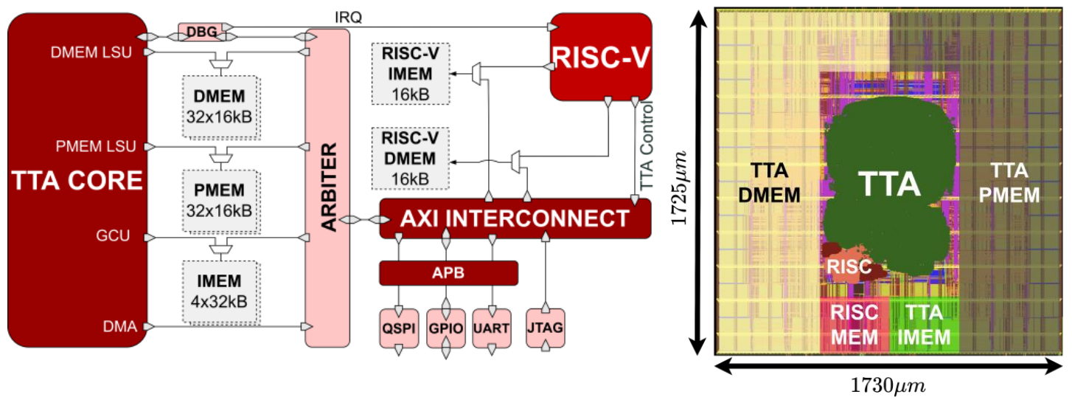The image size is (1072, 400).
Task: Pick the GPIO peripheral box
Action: (x=445, y=328)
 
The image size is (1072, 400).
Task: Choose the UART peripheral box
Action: (x=491, y=328)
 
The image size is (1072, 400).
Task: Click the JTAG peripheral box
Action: (x=545, y=328)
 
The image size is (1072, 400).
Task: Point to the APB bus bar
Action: (x=448, y=273)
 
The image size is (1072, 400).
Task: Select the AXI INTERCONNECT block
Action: (x=515, y=218)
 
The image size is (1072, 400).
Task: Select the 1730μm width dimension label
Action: (x=888, y=385)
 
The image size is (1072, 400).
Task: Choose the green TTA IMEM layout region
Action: (x=925, y=325)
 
